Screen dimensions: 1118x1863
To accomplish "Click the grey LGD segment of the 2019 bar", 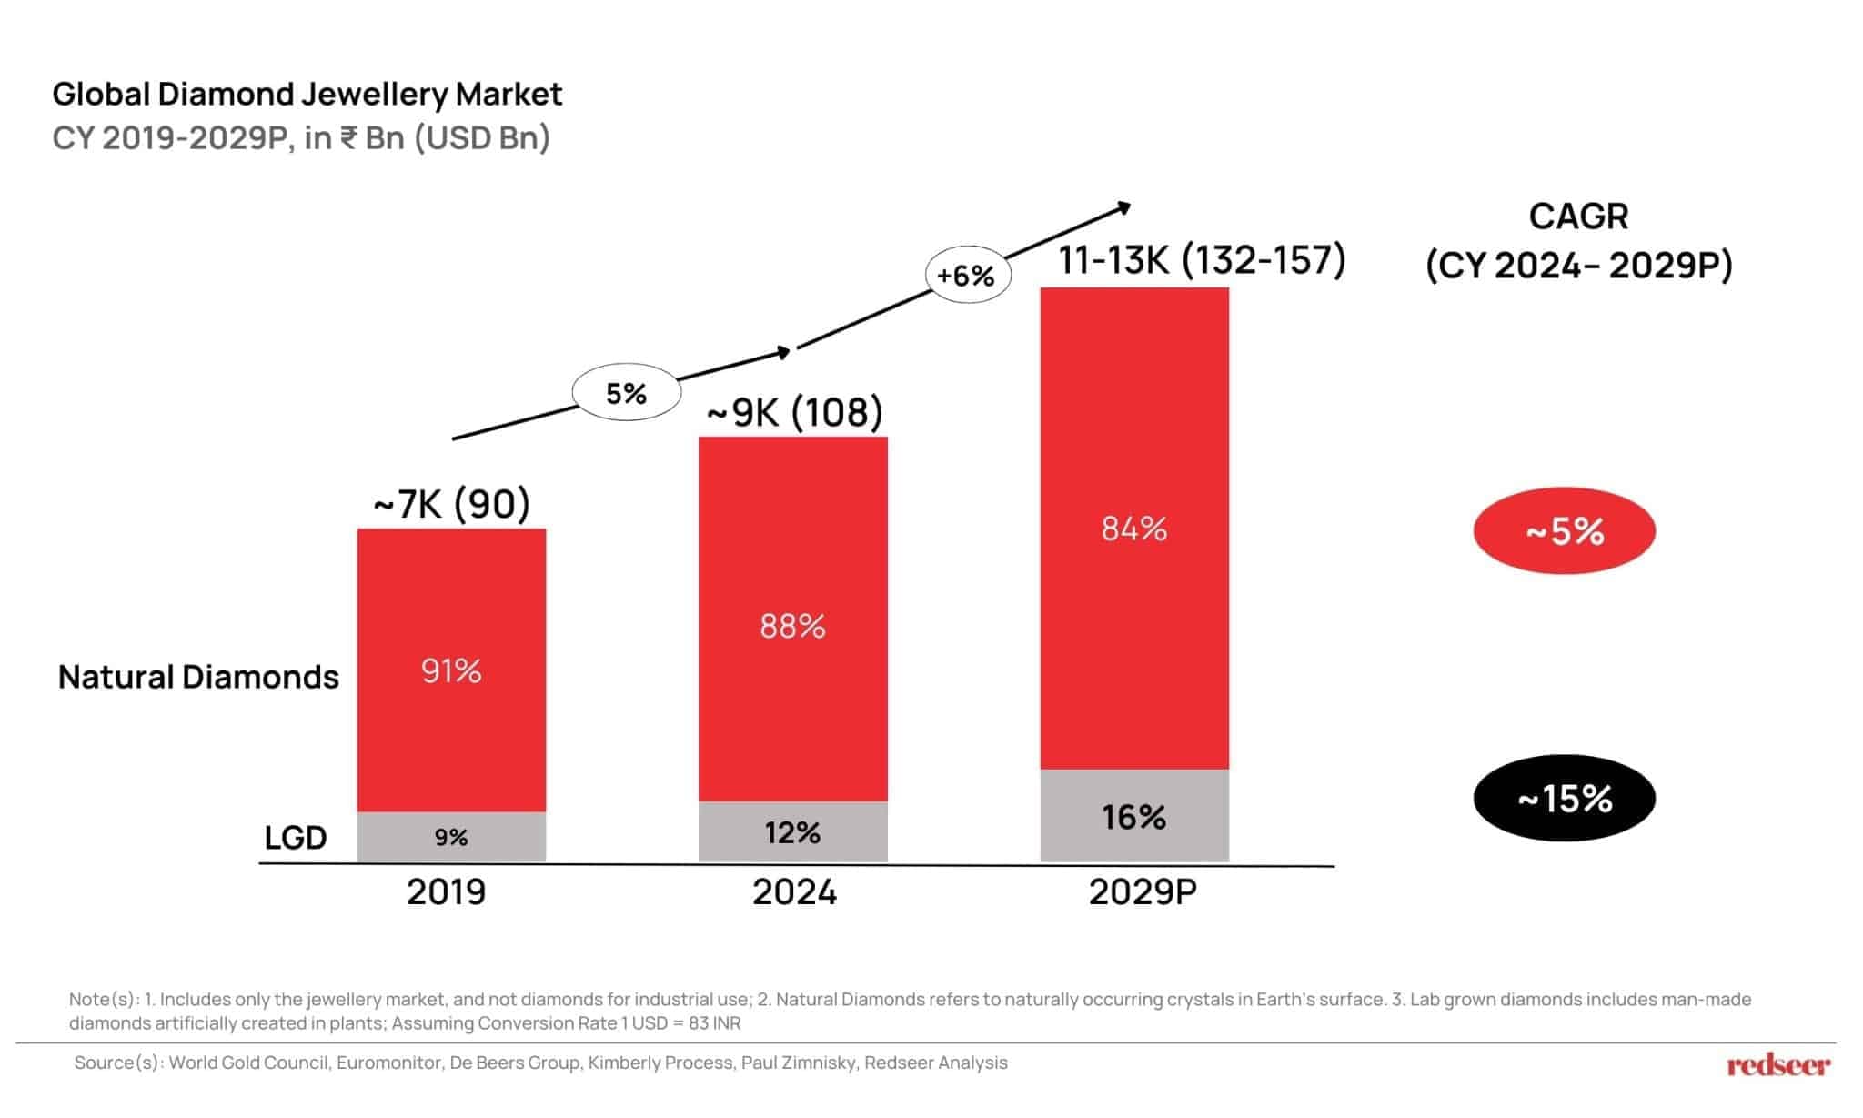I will point(451,837).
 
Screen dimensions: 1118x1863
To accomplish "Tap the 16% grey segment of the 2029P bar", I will point(1134,816).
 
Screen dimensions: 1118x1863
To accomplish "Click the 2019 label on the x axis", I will point(446,892).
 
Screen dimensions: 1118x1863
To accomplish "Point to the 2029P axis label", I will point(1143,892).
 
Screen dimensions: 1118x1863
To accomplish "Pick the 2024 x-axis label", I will point(794,892).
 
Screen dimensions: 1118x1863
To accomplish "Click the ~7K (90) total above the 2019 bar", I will point(451,504).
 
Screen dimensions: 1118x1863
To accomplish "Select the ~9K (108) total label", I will point(794,412).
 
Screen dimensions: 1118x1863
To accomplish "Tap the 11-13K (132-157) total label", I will point(1202,260).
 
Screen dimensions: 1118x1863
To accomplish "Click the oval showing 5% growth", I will point(627,393).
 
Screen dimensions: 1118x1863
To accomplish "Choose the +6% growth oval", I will point(967,275).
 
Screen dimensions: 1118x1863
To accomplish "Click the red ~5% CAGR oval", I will point(1564,531).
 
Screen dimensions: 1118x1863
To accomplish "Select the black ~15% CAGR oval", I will point(1564,799).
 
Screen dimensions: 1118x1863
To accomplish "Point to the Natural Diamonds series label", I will point(198,677).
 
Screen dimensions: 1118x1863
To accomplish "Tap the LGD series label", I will point(296,838).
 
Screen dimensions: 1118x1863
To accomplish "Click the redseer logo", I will point(1778,1064).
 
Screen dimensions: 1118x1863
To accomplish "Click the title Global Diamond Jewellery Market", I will point(307,94).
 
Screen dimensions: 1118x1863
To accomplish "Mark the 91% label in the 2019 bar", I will point(451,671).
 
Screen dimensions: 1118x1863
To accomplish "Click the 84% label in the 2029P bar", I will point(1134,529).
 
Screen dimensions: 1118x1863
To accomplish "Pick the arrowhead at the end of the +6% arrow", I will point(1125,207).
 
